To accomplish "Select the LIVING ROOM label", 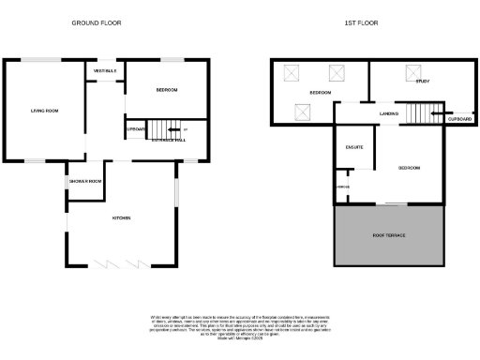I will click(44, 111).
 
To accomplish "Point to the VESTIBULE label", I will click(104, 71).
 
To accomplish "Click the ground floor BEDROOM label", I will click(167, 89).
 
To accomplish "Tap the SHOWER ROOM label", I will click(83, 181).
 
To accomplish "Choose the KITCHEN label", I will click(121, 218).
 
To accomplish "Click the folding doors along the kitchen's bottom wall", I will click(120, 263).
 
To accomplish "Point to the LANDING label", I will click(388, 113).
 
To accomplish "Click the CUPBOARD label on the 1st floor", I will click(459, 120).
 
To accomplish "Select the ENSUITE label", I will click(354, 147).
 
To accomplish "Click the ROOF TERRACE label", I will click(388, 234).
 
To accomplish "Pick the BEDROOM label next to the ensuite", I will click(409, 168).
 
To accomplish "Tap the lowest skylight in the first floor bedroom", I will click(303, 112).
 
